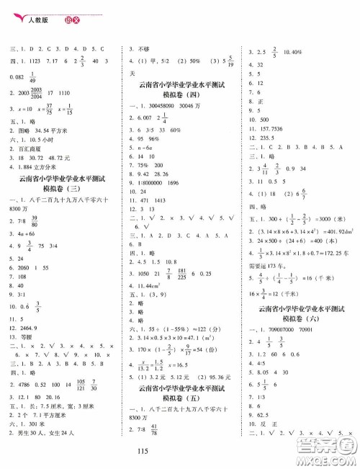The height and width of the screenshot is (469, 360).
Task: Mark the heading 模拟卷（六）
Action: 301,298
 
